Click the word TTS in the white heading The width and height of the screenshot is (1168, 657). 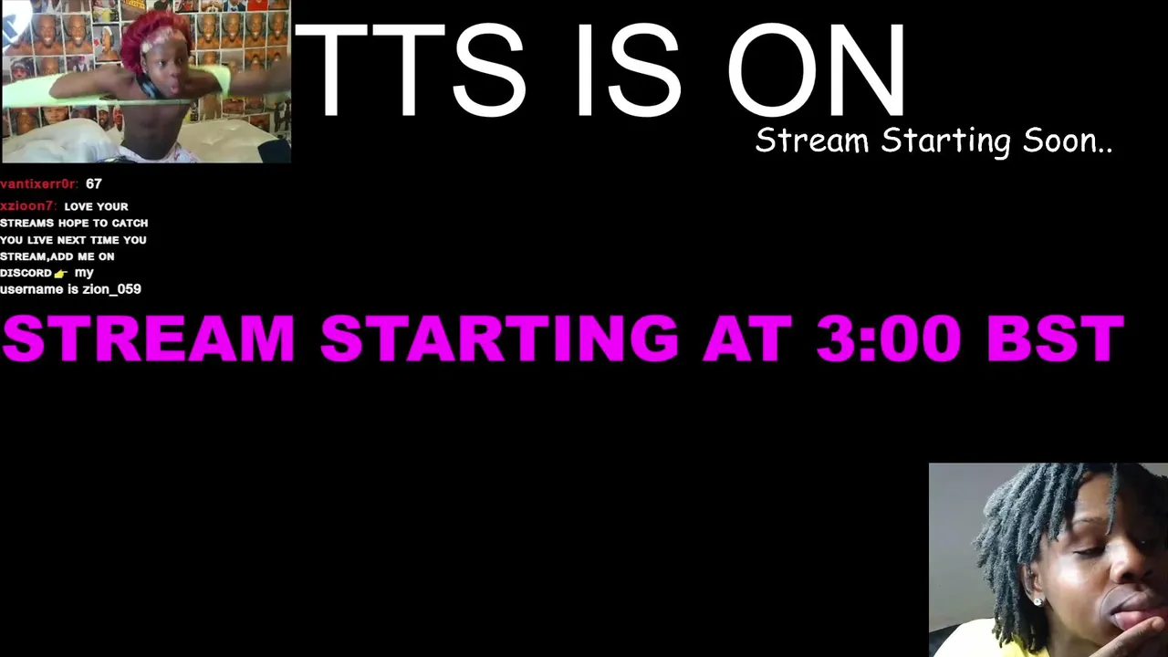(x=411, y=70)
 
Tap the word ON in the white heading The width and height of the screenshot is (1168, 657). (x=816, y=70)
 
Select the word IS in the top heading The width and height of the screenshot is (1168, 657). (x=629, y=70)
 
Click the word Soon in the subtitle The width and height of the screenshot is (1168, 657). (x=1068, y=141)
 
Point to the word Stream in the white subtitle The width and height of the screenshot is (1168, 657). (x=812, y=141)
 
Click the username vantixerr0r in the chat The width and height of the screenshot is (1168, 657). (x=39, y=184)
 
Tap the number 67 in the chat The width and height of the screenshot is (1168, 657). (x=94, y=184)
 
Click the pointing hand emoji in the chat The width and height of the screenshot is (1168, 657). (x=61, y=274)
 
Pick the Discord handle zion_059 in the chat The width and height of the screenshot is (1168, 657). (x=111, y=289)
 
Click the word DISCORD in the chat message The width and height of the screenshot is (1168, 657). (x=26, y=273)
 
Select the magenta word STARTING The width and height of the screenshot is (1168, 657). (x=499, y=339)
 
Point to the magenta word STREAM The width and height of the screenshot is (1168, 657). (x=149, y=339)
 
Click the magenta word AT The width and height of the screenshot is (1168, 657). (x=747, y=339)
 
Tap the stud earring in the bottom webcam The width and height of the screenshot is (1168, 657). (x=1038, y=602)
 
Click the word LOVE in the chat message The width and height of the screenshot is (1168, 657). (x=78, y=207)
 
